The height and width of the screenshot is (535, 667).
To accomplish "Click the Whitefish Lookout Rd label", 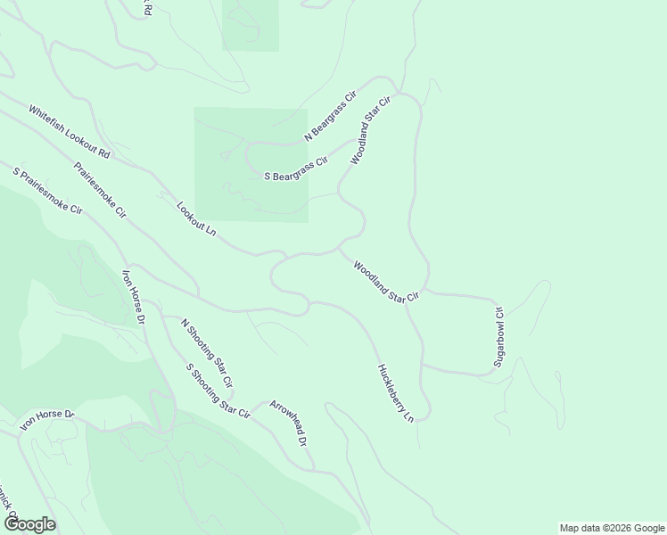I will tap(69, 132).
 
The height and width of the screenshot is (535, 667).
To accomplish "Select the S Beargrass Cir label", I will tap(296, 169).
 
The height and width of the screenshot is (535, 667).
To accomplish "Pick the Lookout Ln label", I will tap(196, 218).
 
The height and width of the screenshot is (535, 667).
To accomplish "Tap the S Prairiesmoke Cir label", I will tap(47, 190).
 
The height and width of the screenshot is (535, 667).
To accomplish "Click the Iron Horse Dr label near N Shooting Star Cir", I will tap(133, 297).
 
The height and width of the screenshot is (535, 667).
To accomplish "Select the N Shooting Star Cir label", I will tap(207, 352).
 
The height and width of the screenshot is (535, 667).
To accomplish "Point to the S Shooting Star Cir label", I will tap(217, 391).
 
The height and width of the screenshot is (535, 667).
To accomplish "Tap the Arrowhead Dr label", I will tap(288, 423).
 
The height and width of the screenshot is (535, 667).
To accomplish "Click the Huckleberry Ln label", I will tap(396, 392).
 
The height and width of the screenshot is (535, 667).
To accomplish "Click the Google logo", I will tap(29, 524).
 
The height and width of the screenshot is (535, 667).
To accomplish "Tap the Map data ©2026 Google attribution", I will tap(612, 528).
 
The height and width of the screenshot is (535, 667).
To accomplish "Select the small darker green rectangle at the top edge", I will tap(251, 25).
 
